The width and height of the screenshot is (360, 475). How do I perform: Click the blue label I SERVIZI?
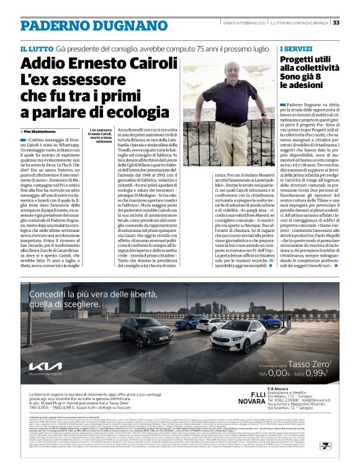pos(295,48)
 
